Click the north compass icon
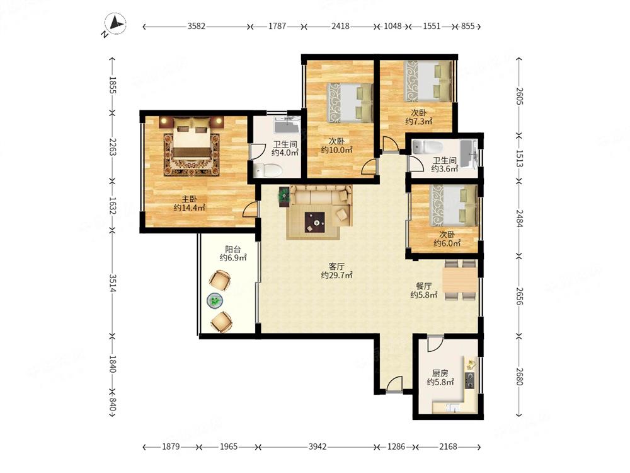click(115, 24)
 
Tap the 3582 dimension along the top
click(196, 26)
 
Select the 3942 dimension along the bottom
click(318, 447)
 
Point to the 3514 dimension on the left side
click(113, 284)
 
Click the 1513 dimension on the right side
click(520, 158)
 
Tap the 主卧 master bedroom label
click(189, 199)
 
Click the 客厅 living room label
click(336, 266)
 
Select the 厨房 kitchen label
click(440, 373)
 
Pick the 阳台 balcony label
click(232, 249)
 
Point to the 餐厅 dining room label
click(423, 286)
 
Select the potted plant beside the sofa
click(284, 196)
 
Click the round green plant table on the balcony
click(215, 300)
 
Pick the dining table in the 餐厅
click(460, 281)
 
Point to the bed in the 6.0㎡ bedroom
click(454, 205)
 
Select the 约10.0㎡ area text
click(336, 150)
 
